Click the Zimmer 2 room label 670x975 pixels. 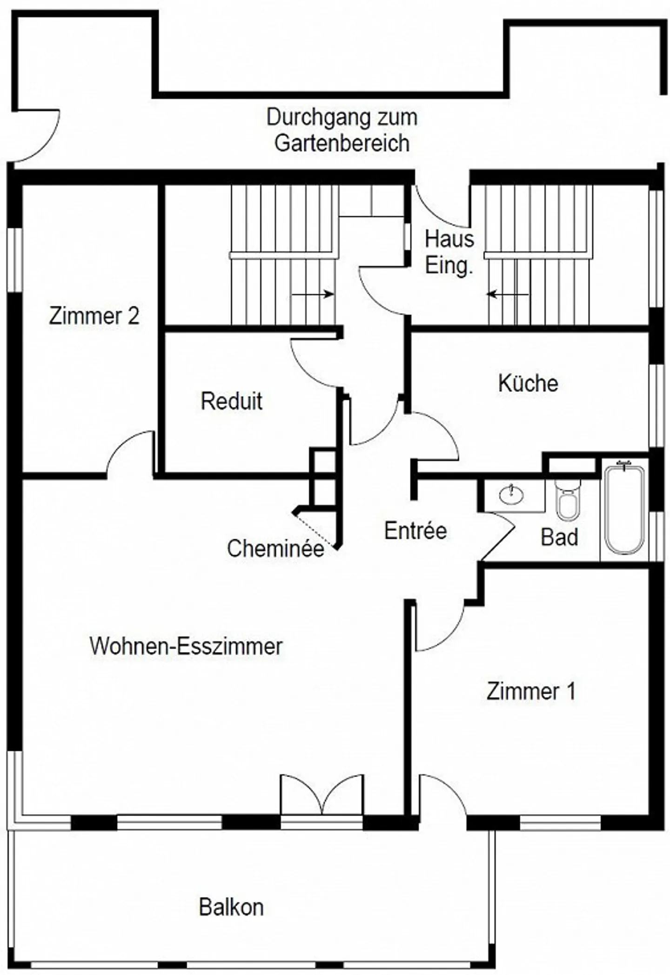point(94,316)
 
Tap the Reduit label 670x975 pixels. point(231,401)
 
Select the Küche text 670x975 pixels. point(528,383)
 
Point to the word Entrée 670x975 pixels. point(415,530)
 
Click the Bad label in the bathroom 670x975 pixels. point(559,537)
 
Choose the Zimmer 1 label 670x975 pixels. point(531,691)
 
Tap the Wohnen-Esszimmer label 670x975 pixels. point(186,646)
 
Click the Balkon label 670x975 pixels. point(231,907)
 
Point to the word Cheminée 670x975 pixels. point(275,548)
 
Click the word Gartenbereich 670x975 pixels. point(342,143)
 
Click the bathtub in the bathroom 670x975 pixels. point(624,508)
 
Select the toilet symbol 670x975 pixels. point(568,501)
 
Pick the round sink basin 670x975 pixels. point(511,495)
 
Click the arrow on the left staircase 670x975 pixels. point(313,294)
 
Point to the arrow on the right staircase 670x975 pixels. point(508,294)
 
